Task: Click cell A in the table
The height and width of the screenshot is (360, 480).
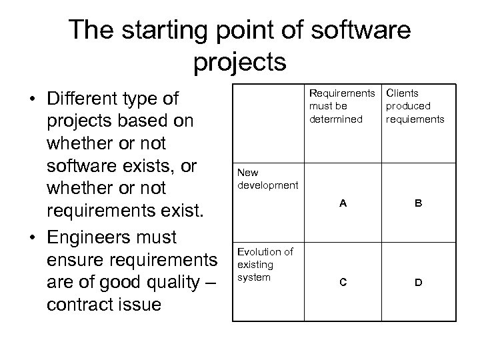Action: coord(343,204)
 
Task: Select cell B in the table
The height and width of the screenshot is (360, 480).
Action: coord(418,204)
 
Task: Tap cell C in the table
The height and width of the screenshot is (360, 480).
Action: coord(343,282)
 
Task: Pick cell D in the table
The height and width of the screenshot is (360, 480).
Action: coord(418,282)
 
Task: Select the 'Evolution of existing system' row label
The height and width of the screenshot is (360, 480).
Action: coord(264,264)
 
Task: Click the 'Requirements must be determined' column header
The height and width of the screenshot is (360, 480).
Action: coord(342,106)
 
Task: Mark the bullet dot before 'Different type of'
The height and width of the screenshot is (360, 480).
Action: coord(31,100)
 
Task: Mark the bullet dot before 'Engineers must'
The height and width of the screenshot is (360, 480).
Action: coord(31,238)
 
